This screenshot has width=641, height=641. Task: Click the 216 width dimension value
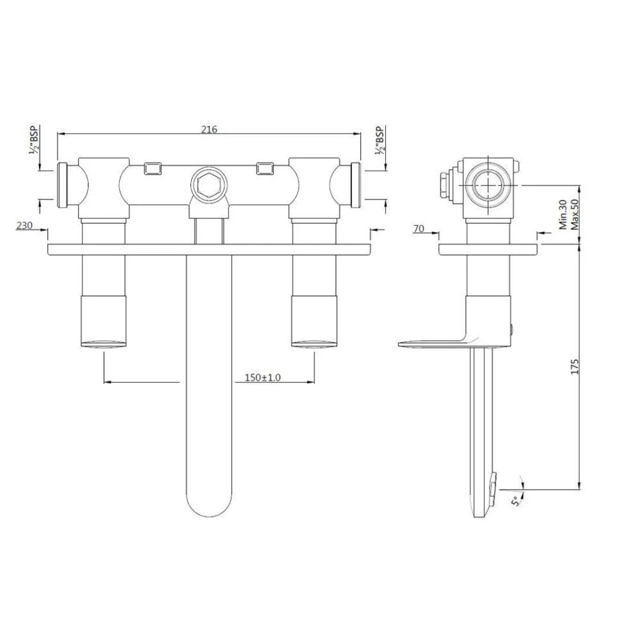209,129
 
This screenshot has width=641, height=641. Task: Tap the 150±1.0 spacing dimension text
263,377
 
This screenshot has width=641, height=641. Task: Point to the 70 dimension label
419,228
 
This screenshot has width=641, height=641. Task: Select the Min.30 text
562,215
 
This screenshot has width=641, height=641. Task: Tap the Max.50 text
574,215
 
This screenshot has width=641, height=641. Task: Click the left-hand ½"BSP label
34,140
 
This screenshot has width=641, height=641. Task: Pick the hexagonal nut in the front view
208,185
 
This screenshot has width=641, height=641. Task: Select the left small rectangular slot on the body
153,169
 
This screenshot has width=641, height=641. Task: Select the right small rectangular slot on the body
265,169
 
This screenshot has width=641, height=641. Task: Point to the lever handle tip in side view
410,342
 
